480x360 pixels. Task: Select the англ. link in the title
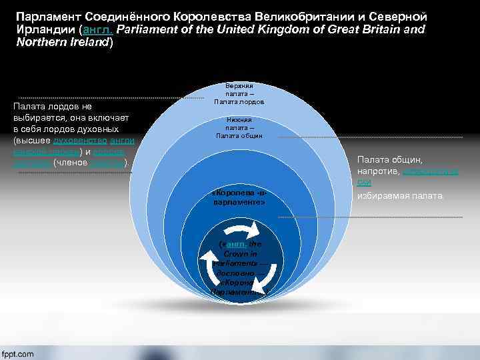[x=97, y=30]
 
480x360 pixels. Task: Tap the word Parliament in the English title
[x=145, y=30]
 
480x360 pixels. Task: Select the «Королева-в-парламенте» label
[x=239, y=197]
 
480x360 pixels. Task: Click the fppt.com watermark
[x=18, y=353]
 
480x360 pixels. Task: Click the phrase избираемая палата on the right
[x=399, y=195]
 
